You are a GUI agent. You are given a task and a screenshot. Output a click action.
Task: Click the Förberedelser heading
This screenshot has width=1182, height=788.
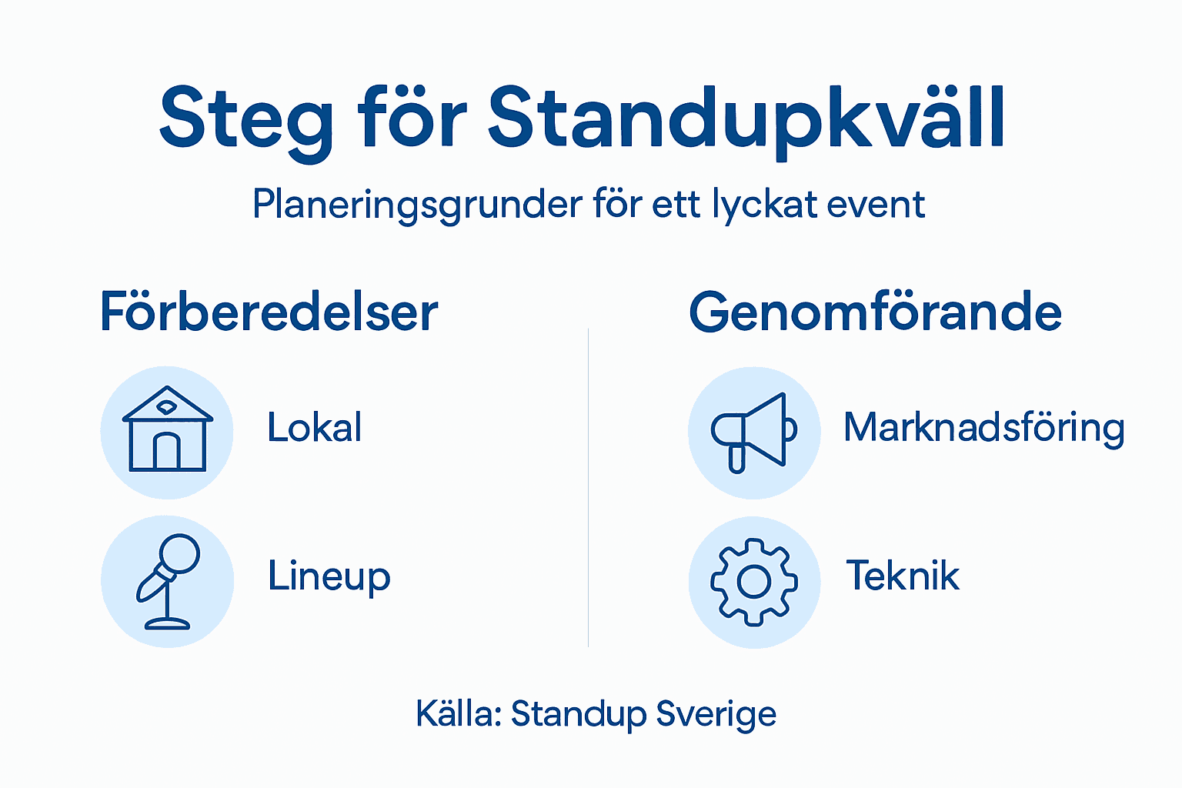click(269, 312)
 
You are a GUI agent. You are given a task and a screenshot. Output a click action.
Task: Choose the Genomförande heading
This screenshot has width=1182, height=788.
click(875, 312)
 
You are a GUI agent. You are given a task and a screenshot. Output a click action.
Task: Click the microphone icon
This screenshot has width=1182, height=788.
click(168, 581)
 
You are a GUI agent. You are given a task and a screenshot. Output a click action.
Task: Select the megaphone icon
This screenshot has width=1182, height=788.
click(753, 432)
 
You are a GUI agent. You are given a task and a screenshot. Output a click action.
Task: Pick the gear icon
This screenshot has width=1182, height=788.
click(754, 582)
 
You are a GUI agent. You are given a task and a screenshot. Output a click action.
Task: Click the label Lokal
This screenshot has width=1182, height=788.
click(314, 428)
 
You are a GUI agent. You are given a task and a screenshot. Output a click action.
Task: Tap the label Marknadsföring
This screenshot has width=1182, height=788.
click(983, 429)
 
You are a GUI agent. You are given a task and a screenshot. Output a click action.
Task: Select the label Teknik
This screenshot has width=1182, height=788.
click(903, 576)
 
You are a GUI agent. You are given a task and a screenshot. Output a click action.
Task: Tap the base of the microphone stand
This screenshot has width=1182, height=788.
click(168, 623)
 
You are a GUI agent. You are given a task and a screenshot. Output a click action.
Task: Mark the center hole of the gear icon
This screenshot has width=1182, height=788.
click(754, 582)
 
